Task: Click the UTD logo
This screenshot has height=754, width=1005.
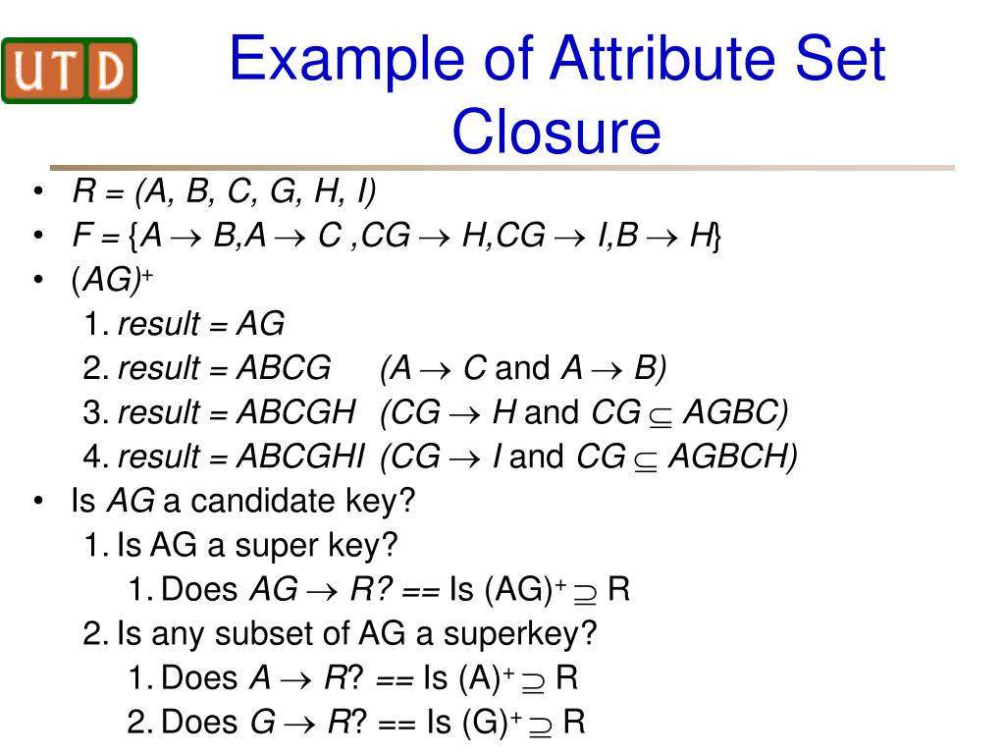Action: pyautogui.click(x=70, y=71)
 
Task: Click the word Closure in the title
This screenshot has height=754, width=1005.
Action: pyautogui.click(x=556, y=131)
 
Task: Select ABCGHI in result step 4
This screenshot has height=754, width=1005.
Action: pyautogui.click(x=300, y=457)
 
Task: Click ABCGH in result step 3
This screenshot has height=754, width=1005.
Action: pyautogui.click(x=295, y=412)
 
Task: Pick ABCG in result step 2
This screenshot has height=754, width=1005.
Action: pyautogui.click(x=284, y=368)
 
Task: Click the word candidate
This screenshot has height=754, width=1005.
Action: pyautogui.click(x=262, y=501)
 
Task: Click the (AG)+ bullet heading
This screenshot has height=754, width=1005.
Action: pyautogui.click(x=112, y=280)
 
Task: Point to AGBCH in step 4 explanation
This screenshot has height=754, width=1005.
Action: pyautogui.click(x=732, y=457)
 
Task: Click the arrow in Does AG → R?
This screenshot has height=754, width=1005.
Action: pyautogui.click(x=322, y=591)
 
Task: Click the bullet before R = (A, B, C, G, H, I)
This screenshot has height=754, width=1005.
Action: pyautogui.click(x=39, y=191)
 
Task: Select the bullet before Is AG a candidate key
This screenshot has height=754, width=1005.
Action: pyautogui.click(x=39, y=501)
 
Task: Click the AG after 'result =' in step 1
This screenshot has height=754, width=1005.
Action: pyautogui.click(x=260, y=324)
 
